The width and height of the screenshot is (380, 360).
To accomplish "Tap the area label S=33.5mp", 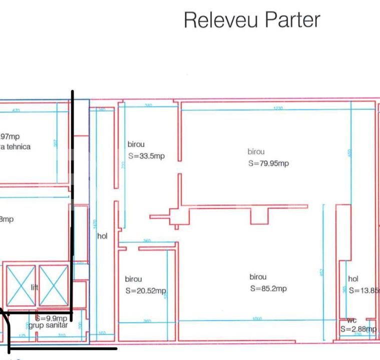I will pyautogui.click(x=146, y=156).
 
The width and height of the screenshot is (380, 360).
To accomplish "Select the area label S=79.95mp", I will pyautogui.click(x=268, y=163).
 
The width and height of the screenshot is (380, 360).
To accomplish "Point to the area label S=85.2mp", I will pyautogui.click(x=268, y=288).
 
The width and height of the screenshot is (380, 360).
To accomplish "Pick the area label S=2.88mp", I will pyautogui.click(x=357, y=329).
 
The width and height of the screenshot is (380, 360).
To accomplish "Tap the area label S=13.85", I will pyautogui.click(x=363, y=290).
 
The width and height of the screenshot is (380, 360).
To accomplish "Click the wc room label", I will pyautogui.click(x=351, y=320).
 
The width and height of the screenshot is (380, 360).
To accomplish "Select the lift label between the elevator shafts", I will pyautogui.click(x=34, y=287).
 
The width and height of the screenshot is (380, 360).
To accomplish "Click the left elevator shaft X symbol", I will pyautogui.click(x=21, y=285).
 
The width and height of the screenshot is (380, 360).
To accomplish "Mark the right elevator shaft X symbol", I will pyautogui.click(x=53, y=285).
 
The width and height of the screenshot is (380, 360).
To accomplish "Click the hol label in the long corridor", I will pyautogui.click(x=102, y=236).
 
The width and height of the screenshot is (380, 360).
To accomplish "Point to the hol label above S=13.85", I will pyautogui.click(x=353, y=279).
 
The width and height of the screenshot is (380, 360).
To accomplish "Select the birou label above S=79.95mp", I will pyautogui.click(x=256, y=152).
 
